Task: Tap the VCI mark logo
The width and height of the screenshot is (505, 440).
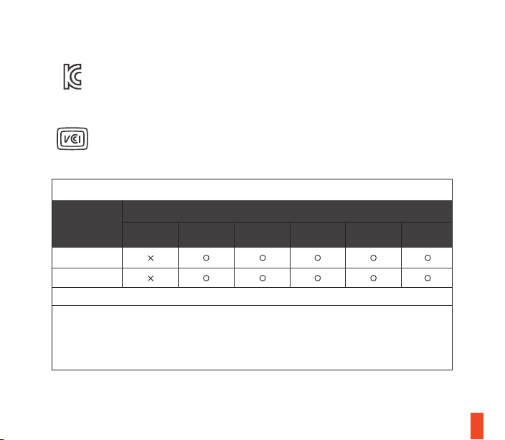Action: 72,139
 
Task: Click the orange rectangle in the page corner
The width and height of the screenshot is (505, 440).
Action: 477,426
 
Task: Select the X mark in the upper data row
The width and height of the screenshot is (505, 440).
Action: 151,258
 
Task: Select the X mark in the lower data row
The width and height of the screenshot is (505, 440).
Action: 151,278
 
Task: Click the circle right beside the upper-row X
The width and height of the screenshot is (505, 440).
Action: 206,255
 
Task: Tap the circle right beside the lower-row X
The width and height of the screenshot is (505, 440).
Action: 206,275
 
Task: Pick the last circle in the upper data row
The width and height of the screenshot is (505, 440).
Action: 428,255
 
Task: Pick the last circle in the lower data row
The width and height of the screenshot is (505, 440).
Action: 428,275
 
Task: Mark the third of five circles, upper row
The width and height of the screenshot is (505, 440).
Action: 318,255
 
